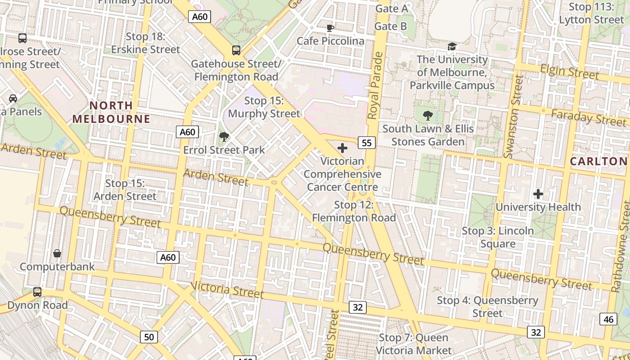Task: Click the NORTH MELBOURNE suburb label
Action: point(111,112)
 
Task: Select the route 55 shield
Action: point(367,143)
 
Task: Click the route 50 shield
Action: point(149,337)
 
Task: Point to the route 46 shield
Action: point(608,319)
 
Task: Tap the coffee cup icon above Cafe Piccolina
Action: point(330,28)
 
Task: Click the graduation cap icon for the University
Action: point(452,46)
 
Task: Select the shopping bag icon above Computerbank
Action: point(57,253)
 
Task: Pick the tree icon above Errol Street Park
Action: point(224,137)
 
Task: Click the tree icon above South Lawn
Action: point(427,116)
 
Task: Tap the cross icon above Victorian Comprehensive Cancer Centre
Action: point(342,148)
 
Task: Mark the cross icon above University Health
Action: point(538,194)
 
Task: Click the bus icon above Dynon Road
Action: point(37,292)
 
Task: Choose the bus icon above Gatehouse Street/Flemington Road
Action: point(236,50)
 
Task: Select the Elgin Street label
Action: point(570,71)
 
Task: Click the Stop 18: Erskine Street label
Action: point(146,43)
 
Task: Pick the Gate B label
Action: point(391,26)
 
